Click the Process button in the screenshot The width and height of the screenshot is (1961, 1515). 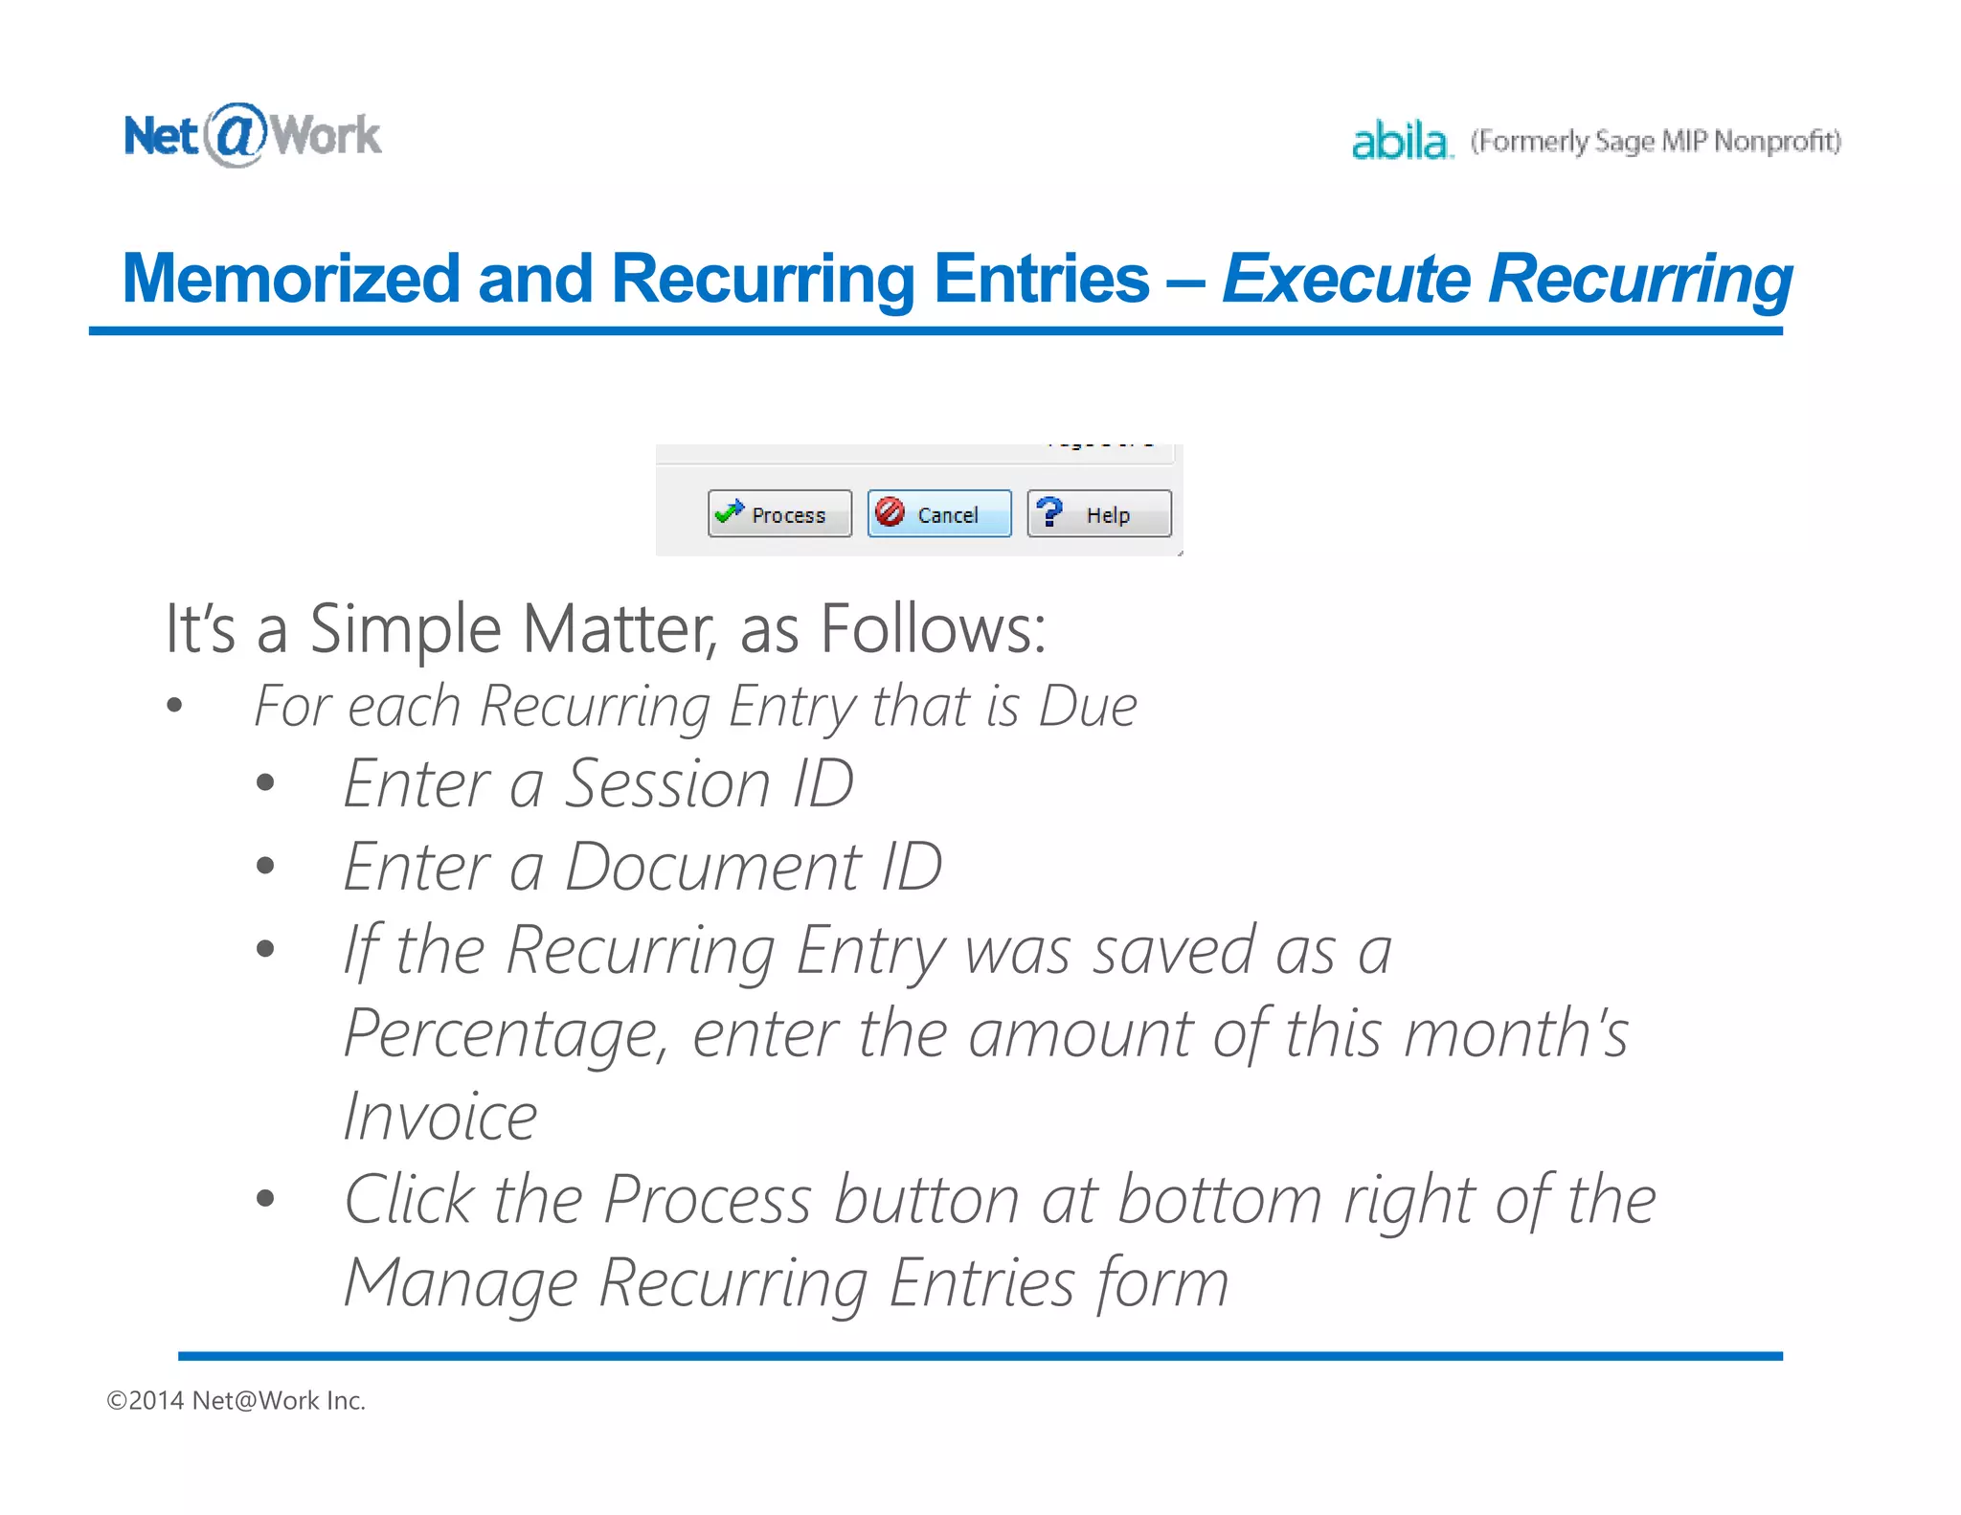click(x=779, y=514)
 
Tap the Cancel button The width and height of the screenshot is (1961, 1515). click(x=939, y=514)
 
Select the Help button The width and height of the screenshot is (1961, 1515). click(x=1099, y=514)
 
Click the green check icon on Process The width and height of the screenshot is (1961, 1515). click(x=729, y=511)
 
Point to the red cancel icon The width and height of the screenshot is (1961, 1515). click(x=890, y=511)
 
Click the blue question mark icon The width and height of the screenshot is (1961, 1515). click(x=1049, y=511)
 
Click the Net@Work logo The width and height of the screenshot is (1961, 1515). click(x=253, y=135)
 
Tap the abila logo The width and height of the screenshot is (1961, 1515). click(x=1401, y=142)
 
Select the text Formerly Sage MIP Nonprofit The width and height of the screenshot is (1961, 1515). click(x=1656, y=142)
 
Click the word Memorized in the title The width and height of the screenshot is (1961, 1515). click(x=292, y=279)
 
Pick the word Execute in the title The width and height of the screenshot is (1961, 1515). click(x=1345, y=279)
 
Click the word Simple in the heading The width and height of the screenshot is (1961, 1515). click(x=405, y=629)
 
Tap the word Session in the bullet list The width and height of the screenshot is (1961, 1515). click(x=667, y=783)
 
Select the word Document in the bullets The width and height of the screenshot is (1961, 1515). click(x=712, y=867)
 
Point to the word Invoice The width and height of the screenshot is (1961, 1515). click(x=440, y=1117)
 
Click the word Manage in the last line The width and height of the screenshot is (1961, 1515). click(x=461, y=1283)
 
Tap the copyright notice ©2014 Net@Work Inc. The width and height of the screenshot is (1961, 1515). click(x=236, y=1400)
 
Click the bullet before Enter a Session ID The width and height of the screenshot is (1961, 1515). click(x=265, y=783)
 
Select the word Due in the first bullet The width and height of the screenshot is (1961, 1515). click(x=1088, y=707)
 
